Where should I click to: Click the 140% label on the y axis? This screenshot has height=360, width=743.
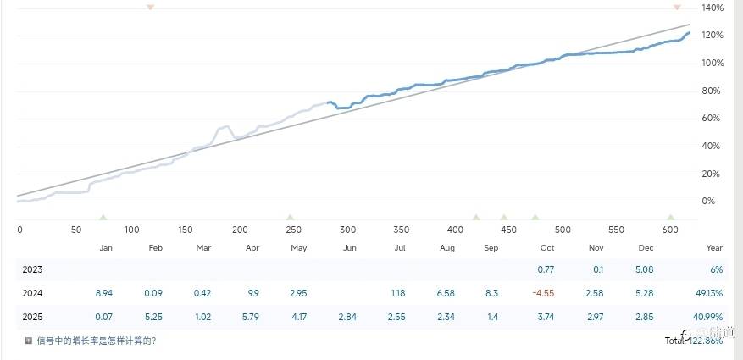click(x=713, y=8)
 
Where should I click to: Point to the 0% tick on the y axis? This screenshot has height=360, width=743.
click(x=709, y=202)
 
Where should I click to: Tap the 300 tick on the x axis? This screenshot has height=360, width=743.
click(x=348, y=230)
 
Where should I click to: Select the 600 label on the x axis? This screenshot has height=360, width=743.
click(x=670, y=230)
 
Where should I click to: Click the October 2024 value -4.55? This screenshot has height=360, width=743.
click(x=543, y=293)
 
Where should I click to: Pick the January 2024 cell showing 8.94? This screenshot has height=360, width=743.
click(x=104, y=293)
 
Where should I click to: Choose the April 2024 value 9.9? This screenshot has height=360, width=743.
click(x=252, y=293)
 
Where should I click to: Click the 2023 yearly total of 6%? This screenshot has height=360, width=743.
click(x=716, y=269)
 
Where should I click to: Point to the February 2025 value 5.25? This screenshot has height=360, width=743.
click(x=154, y=317)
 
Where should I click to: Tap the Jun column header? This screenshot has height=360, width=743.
click(x=349, y=248)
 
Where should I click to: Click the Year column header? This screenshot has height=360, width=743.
click(x=714, y=248)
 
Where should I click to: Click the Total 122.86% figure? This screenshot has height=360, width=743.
click(x=694, y=341)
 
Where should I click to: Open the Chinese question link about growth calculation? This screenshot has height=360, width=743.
click(x=96, y=341)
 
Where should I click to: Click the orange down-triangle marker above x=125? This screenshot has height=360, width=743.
click(x=150, y=7)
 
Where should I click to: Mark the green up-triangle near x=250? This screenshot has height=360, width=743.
click(x=291, y=218)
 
